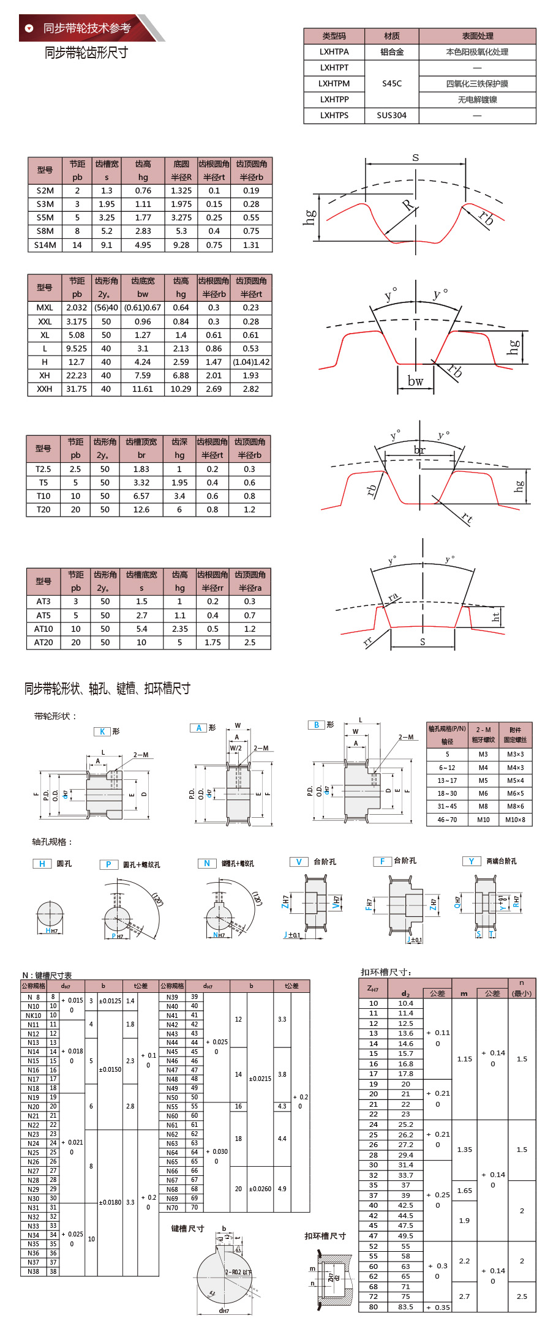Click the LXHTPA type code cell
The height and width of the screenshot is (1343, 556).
(334, 52)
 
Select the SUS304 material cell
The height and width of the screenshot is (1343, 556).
(391, 116)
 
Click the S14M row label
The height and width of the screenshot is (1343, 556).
(45, 245)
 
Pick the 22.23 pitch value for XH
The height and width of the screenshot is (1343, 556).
(77, 375)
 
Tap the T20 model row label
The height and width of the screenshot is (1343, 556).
(43, 509)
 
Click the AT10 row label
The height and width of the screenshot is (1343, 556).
(43, 629)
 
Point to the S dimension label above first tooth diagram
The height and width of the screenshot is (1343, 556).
(415, 158)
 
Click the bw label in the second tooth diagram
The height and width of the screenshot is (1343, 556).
(415, 381)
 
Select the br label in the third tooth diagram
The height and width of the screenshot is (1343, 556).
(419, 450)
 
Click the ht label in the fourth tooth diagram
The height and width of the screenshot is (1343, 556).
(495, 616)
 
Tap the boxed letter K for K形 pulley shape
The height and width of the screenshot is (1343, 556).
(102, 731)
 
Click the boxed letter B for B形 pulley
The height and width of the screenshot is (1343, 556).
(316, 725)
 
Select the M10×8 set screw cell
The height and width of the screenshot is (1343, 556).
(515, 820)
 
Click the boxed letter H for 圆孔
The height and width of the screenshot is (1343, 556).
(42, 864)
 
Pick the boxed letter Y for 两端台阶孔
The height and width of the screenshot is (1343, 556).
(471, 861)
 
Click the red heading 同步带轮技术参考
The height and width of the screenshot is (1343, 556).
(87, 28)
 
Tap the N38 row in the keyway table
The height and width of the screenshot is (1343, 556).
(34, 1271)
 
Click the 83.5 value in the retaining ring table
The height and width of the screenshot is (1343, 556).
(405, 1307)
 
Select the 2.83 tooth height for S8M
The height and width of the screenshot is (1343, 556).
(143, 231)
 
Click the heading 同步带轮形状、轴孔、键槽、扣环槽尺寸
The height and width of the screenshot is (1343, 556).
(107, 689)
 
